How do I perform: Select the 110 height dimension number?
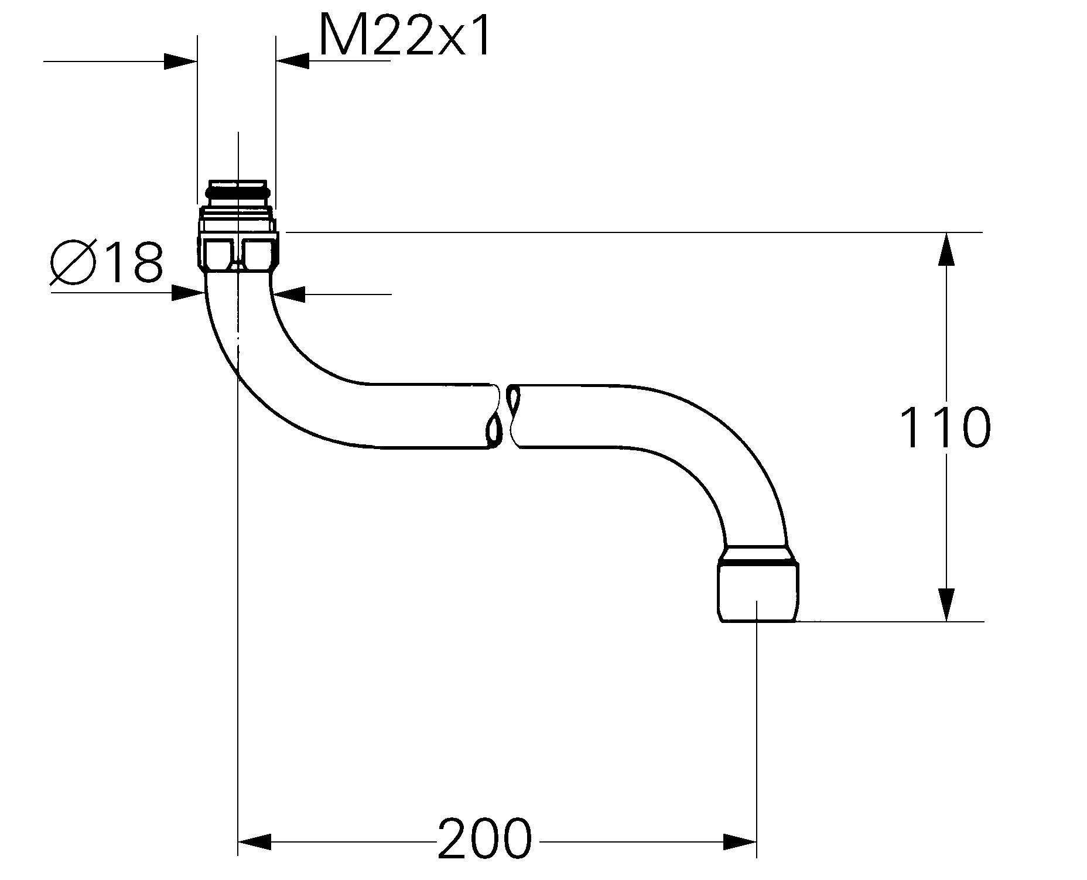945,428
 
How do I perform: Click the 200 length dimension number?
484,838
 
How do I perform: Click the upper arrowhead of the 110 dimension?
946,249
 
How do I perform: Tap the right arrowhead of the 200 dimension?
740,843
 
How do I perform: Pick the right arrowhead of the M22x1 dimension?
292,61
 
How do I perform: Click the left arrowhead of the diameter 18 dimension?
187,293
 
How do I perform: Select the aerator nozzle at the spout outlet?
757,588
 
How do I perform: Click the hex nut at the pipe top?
237,249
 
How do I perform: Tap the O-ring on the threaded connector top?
237,191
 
